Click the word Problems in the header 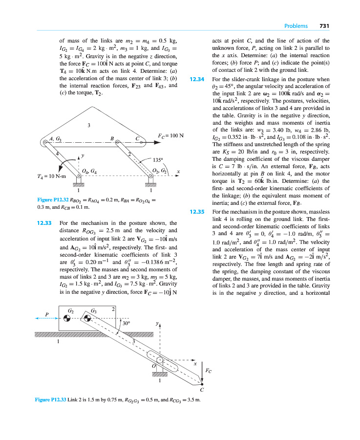click(296, 26)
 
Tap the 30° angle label click(126, 323)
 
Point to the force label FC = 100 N click(170, 134)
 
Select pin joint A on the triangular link click(44, 144)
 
